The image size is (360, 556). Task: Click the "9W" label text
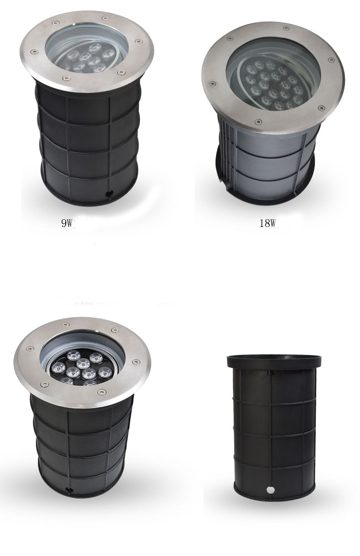click(67, 223)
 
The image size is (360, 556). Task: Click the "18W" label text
click(268, 223)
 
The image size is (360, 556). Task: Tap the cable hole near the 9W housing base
click(109, 193)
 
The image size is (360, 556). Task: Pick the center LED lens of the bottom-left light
click(82, 363)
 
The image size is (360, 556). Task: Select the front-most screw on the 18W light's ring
click(259, 121)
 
